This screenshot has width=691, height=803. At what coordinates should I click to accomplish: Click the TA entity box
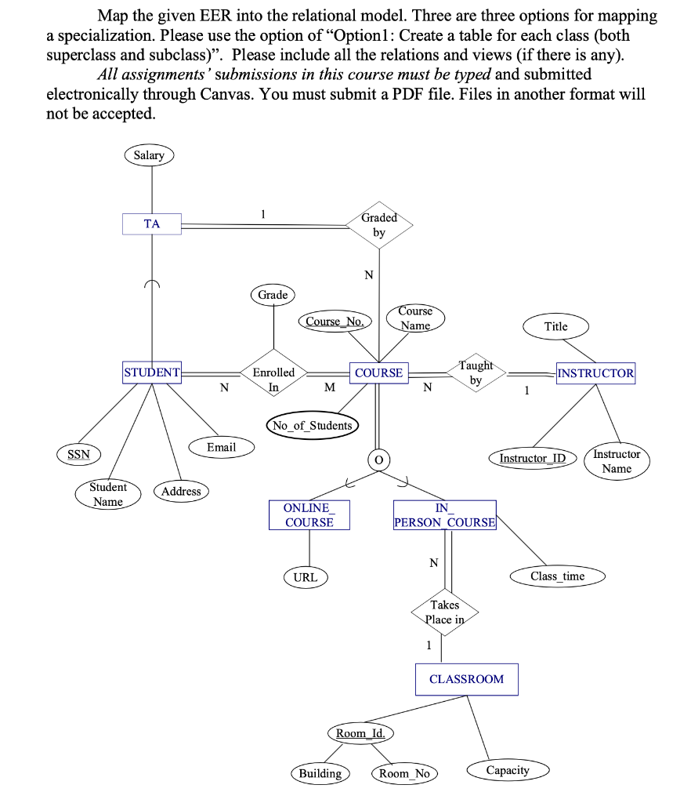point(152,223)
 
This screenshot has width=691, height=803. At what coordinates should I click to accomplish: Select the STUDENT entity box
point(152,372)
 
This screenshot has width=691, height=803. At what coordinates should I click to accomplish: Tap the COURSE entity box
point(378,373)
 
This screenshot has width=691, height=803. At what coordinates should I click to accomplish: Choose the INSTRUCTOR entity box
point(595,373)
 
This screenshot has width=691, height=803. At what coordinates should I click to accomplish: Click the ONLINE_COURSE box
point(309,515)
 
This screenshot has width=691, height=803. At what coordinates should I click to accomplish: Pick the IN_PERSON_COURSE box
point(444,515)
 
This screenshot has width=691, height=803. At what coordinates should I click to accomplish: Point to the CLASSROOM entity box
point(466,679)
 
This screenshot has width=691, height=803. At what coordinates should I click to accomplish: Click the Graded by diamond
point(379,225)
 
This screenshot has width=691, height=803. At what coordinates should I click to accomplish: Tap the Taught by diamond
point(476,373)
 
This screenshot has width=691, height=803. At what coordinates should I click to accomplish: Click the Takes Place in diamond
point(444,612)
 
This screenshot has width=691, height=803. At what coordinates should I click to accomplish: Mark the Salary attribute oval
point(149,155)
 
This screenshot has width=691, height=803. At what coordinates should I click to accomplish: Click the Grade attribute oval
point(273,295)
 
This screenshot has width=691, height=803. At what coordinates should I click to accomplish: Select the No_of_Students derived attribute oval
point(312,426)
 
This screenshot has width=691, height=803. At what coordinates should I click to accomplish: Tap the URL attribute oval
point(305,577)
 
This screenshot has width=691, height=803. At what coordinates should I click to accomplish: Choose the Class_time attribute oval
point(557,576)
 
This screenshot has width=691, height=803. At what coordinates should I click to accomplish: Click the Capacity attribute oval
point(508,771)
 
